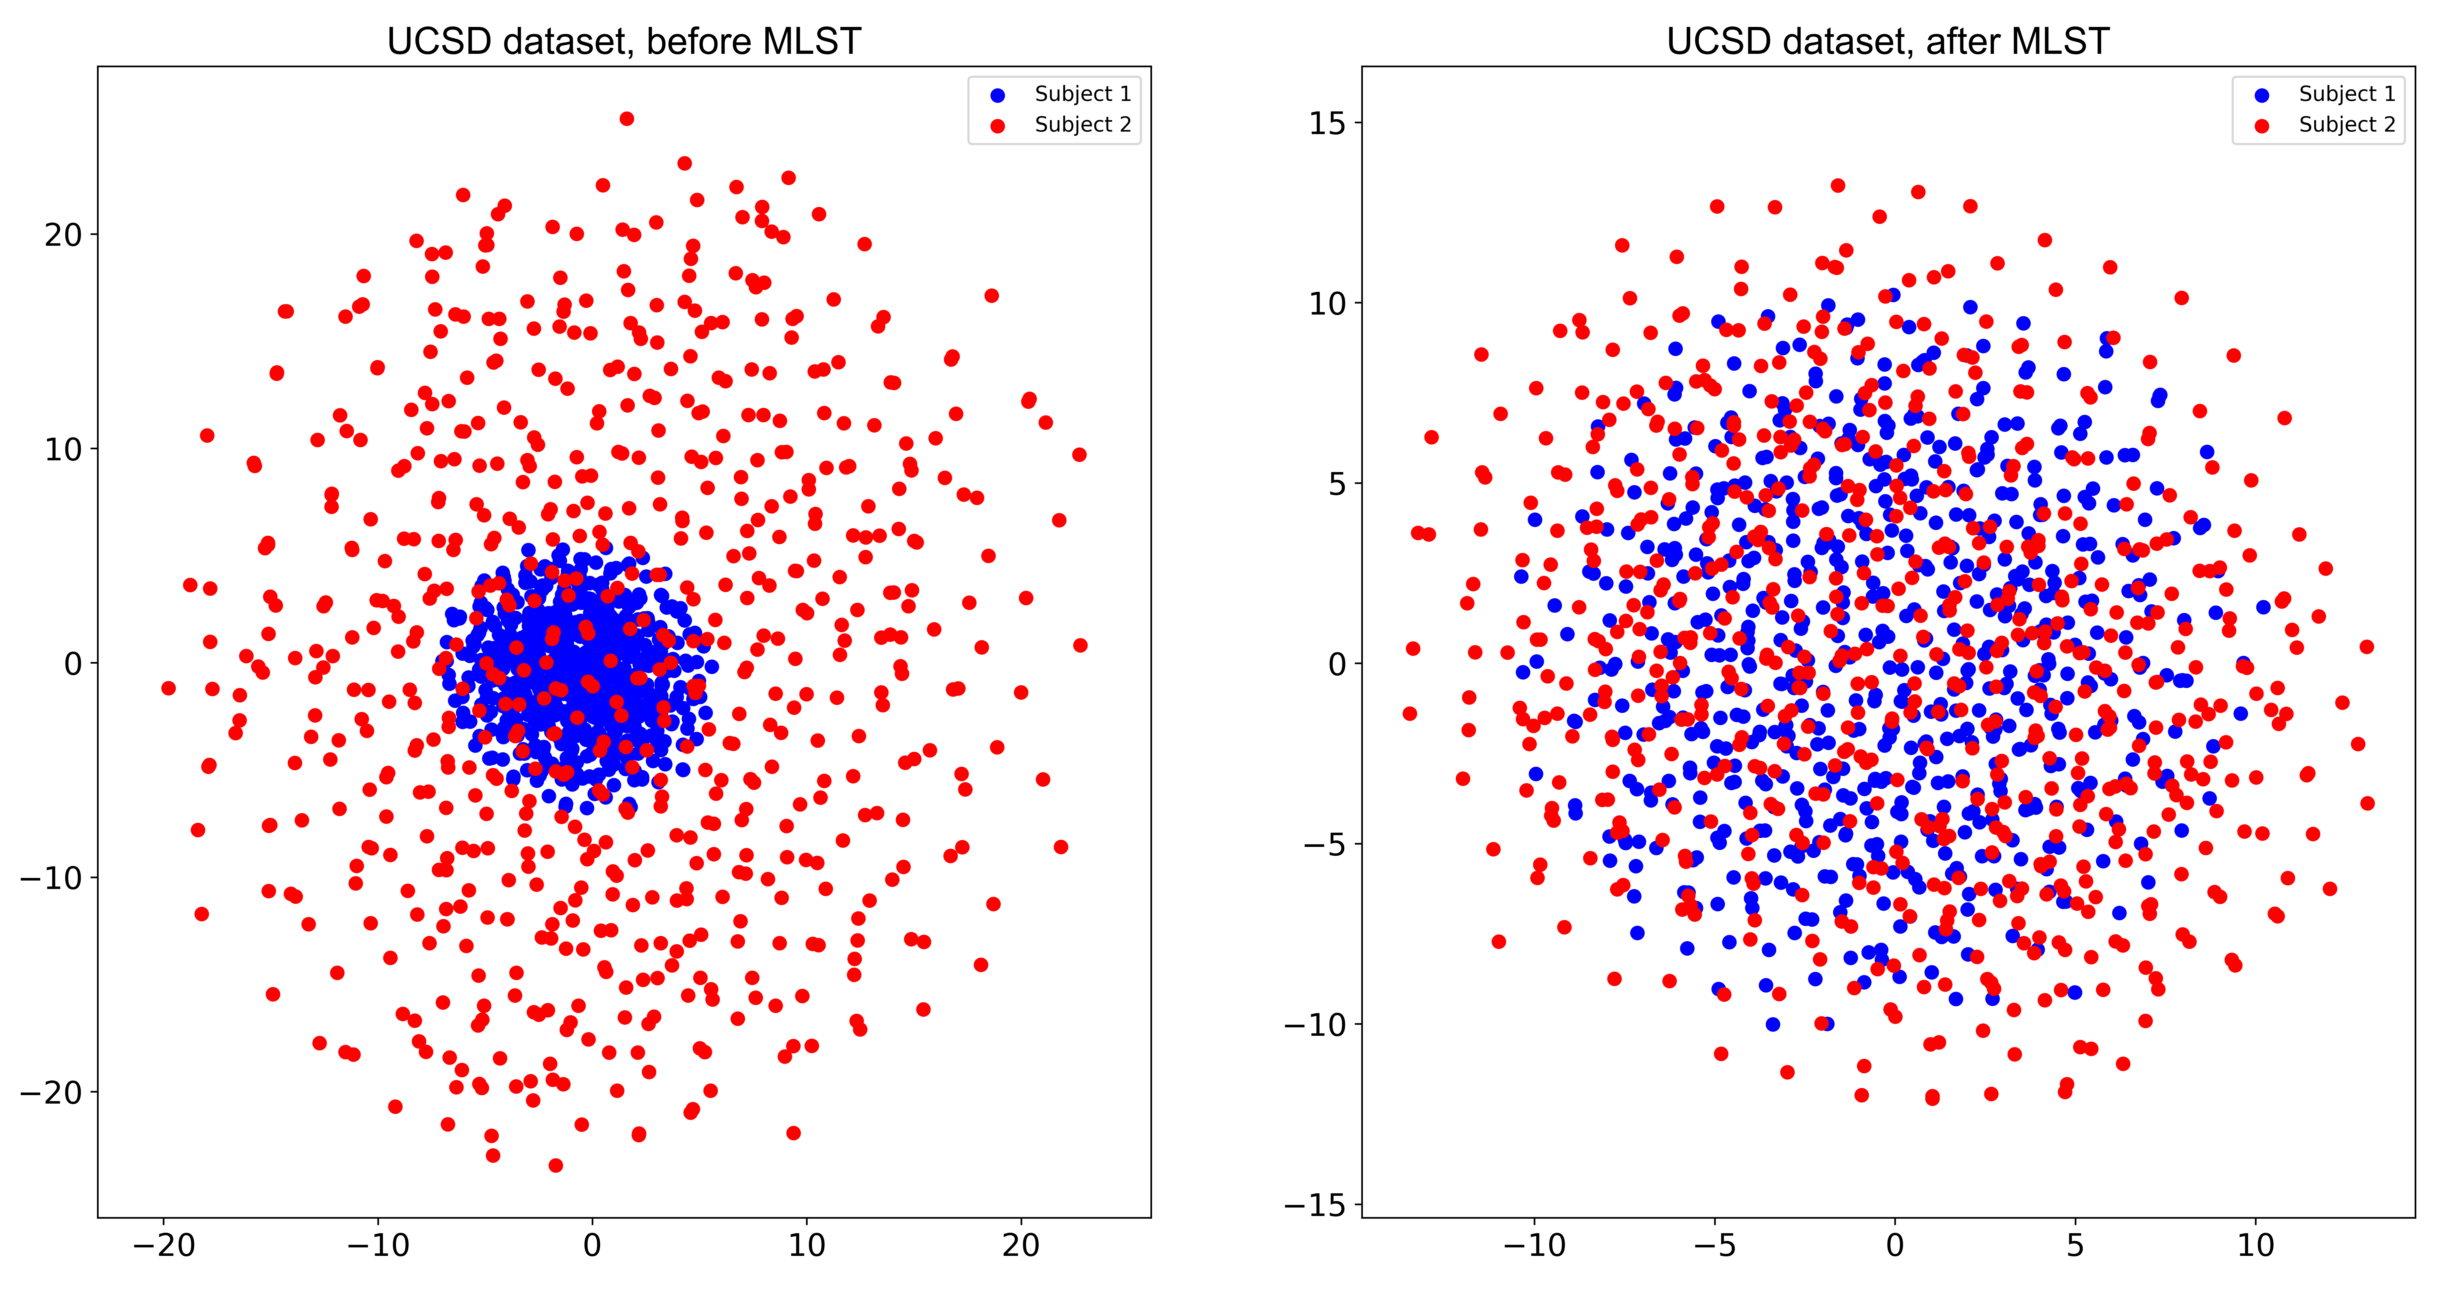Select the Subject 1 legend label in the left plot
(1082, 94)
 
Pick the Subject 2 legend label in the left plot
(1082, 124)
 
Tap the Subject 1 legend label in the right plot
(2346, 94)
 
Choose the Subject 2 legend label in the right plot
(2346, 124)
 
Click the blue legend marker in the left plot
(998, 95)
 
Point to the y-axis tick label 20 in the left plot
(64, 235)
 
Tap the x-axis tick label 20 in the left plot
(1021, 1246)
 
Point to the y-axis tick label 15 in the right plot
(1328, 124)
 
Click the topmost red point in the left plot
(626, 119)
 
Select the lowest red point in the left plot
(556, 1165)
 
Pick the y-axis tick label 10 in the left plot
(64, 449)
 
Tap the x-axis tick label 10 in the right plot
(2255, 1246)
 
